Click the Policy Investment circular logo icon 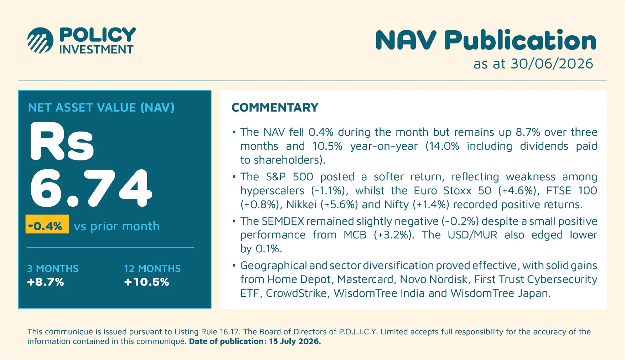tap(41, 40)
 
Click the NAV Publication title tap(486, 40)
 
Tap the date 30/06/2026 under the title tap(552, 64)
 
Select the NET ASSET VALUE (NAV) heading tap(101, 108)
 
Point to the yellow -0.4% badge tap(47, 224)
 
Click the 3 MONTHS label tap(53, 268)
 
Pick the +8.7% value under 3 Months tap(45, 282)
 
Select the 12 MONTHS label tap(152, 268)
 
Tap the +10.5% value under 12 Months tap(146, 282)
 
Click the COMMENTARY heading tap(275, 108)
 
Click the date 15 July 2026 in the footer tap(295, 341)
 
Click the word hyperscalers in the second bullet tap(272, 191)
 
